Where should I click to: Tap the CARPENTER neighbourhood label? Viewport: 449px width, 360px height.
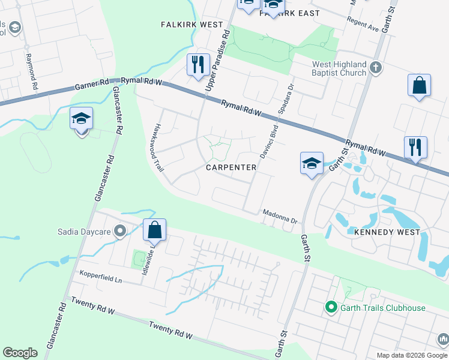232,167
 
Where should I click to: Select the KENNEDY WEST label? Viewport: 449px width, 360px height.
382,231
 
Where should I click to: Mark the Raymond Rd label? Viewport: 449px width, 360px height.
29,71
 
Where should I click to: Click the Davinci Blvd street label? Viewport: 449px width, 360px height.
267,140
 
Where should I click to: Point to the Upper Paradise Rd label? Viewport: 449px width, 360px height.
218,60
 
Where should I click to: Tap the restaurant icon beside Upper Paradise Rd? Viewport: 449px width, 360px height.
198,64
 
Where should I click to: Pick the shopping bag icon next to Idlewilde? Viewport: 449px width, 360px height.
154,229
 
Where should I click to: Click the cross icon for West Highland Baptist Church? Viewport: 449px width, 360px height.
376,67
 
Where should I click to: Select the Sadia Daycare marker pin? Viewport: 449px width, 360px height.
120,230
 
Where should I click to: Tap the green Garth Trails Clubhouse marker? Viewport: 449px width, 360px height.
330,308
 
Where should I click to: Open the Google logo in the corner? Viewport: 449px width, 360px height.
20,353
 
